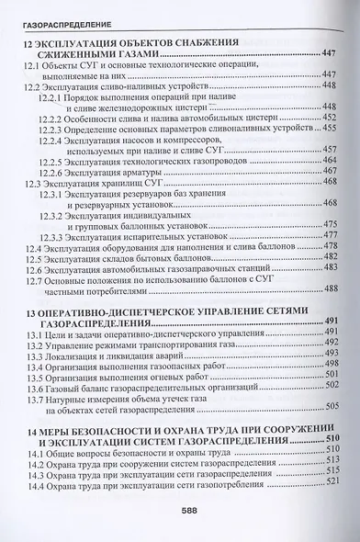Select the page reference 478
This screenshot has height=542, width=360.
[x=332, y=247]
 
